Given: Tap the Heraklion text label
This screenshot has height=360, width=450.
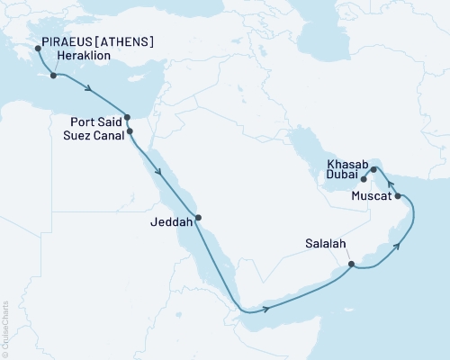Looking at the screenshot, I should (x=85, y=55).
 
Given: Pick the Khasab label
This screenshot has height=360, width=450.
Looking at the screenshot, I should (x=347, y=166).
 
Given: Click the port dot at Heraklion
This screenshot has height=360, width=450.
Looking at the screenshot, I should (x=54, y=76).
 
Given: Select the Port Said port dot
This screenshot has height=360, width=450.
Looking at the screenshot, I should (x=127, y=117).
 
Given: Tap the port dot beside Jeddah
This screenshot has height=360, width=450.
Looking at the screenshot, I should (x=198, y=217).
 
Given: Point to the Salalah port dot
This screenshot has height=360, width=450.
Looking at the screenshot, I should (x=352, y=265).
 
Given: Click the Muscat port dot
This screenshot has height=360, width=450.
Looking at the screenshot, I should (x=397, y=194).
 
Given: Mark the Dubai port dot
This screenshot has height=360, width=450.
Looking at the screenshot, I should (x=364, y=179).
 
